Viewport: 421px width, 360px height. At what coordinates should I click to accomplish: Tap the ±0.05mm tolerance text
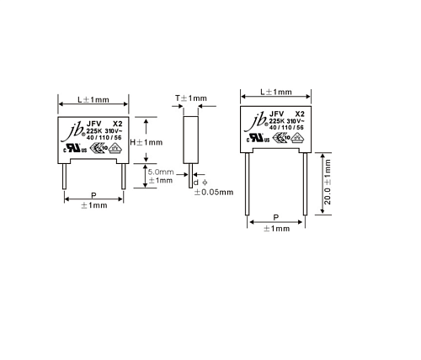213,192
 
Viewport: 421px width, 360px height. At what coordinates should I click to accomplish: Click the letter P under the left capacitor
93,194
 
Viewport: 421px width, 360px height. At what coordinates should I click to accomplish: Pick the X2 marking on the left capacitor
116,123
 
